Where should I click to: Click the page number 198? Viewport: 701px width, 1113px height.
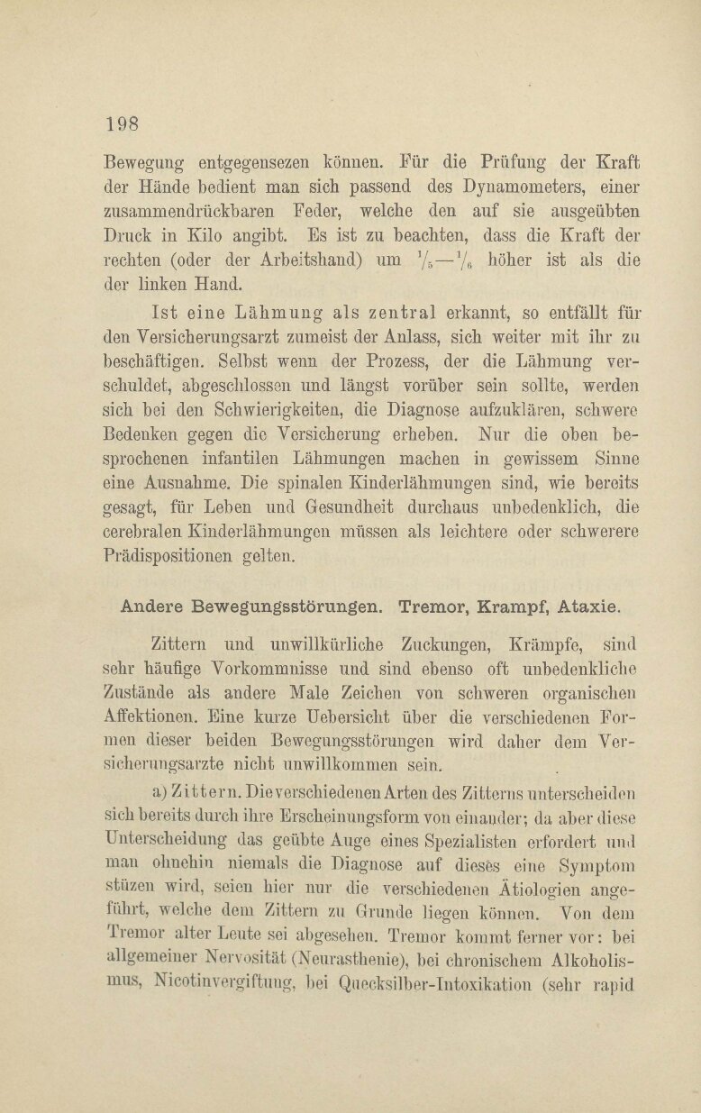click(x=122, y=123)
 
